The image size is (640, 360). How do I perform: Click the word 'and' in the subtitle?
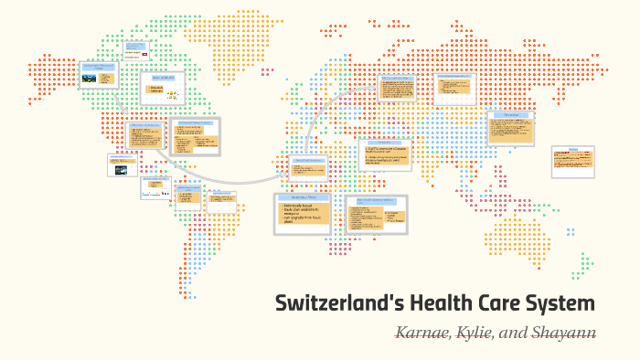514,333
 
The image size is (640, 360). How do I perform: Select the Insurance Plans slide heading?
302,197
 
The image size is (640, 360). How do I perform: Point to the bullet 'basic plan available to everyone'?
303,215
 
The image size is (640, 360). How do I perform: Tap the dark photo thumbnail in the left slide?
121,168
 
